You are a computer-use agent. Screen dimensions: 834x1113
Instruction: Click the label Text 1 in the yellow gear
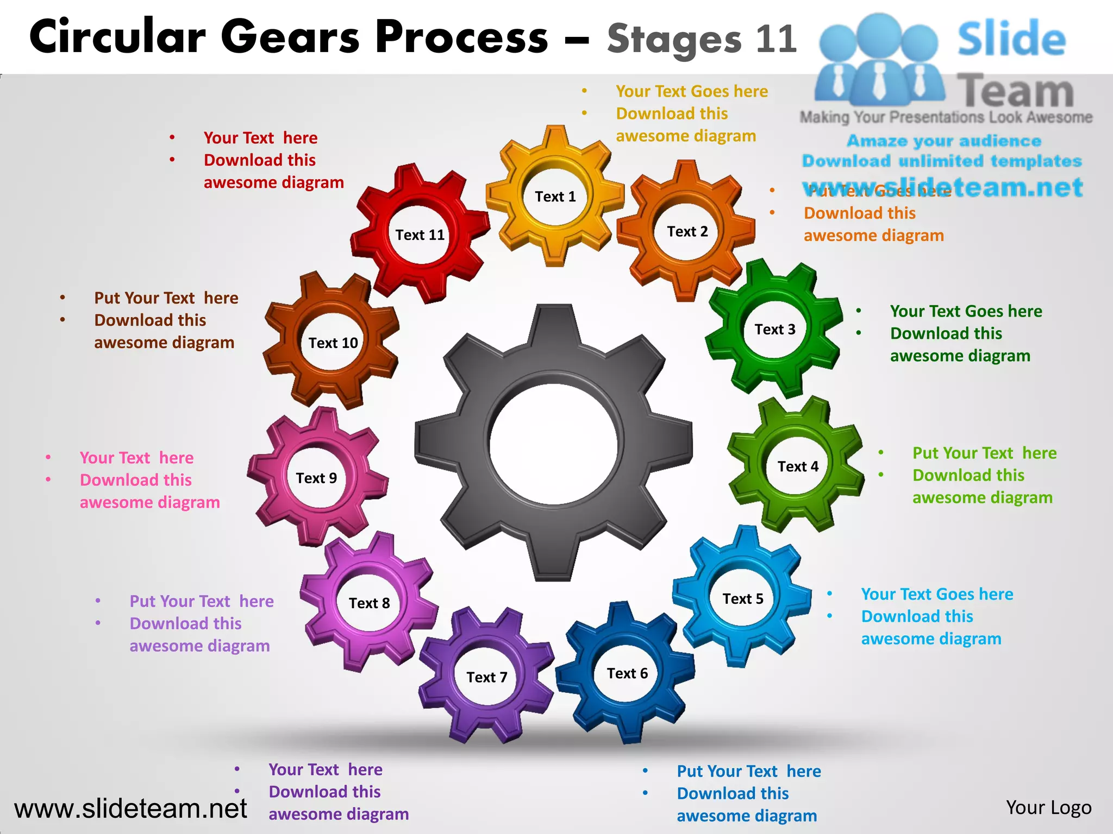coord(555,197)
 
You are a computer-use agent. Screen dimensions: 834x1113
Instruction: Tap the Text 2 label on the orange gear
coord(687,232)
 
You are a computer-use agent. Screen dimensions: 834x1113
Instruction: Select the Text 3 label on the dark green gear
coord(775,330)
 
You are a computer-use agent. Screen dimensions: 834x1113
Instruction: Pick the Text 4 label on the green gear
coord(798,467)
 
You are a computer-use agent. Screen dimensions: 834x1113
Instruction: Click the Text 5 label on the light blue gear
coord(743,599)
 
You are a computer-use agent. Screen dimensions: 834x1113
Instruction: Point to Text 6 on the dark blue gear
coord(627,674)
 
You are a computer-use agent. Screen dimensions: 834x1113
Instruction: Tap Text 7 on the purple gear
coord(487,678)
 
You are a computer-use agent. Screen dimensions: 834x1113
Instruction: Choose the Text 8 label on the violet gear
coord(370,603)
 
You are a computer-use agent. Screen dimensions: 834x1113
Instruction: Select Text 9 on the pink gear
coord(316,478)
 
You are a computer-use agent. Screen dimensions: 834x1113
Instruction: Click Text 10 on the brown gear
coord(333,343)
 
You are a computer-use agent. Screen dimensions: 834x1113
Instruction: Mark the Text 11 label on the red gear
coord(420,235)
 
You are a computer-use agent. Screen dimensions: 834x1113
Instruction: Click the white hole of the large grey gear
coord(553,444)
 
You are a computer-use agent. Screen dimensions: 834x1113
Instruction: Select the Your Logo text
coord(1048,808)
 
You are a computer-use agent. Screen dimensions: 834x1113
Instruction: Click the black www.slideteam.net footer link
coord(130,809)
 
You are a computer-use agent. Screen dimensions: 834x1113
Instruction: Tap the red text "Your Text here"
coord(260,138)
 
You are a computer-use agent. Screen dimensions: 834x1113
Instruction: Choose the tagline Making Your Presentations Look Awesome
coord(946,117)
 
